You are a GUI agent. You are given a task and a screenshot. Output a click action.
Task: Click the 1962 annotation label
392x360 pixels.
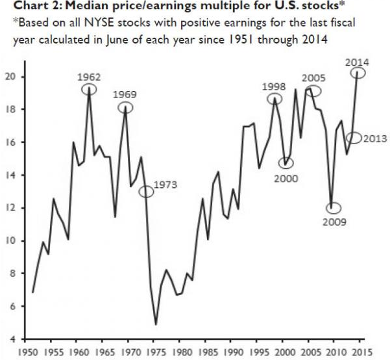[x=90, y=76]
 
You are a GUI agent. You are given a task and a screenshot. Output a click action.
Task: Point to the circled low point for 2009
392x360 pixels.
[x=333, y=209]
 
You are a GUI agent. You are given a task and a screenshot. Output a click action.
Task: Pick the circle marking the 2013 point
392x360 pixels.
[x=354, y=138]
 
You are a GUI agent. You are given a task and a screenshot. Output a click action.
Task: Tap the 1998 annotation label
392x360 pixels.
[x=274, y=86]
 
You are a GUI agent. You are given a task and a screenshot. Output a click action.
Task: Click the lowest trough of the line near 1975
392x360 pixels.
[x=156, y=324]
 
